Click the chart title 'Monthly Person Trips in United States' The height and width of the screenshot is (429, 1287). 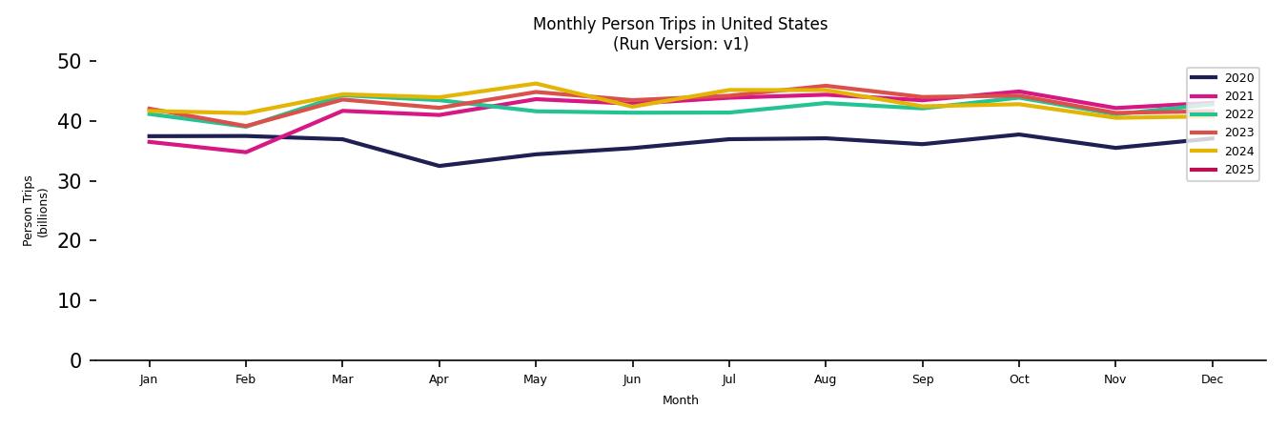(x=680, y=24)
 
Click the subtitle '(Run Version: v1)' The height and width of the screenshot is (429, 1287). (x=680, y=44)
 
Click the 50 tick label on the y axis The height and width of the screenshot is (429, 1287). (x=71, y=62)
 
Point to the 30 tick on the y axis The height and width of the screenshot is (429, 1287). (x=71, y=181)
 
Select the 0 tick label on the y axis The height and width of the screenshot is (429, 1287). (x=76, y=360)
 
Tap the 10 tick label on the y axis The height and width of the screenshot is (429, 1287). (x=71, y=300)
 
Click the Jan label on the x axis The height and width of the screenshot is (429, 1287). (x=149, y=379)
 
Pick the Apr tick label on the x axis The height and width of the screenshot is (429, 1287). (x=439, y=379)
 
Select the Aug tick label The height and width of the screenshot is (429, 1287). (x=825, y=379)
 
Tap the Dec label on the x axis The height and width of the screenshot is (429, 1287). (x=1212, y=379)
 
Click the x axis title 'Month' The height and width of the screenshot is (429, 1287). (x=680, y=400)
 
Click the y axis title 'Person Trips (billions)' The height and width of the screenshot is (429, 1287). (x=35, y=211)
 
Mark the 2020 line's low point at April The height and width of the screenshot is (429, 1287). (x=439, y=166)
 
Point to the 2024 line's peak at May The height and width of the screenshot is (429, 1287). (x=536, y=84)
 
